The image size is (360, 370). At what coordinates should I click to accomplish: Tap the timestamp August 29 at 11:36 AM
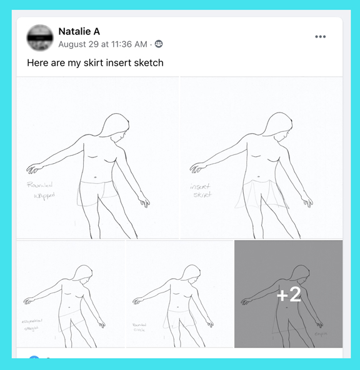coord(102,44)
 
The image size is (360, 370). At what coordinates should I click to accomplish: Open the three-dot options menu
coord(321,37)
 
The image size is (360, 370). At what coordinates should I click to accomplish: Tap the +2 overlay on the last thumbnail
coord(288,294)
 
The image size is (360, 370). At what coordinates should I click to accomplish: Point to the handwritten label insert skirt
coord(201,190)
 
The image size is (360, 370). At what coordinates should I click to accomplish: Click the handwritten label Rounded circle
coord(140,327)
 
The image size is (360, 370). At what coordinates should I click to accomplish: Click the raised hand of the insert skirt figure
coord(197,167)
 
